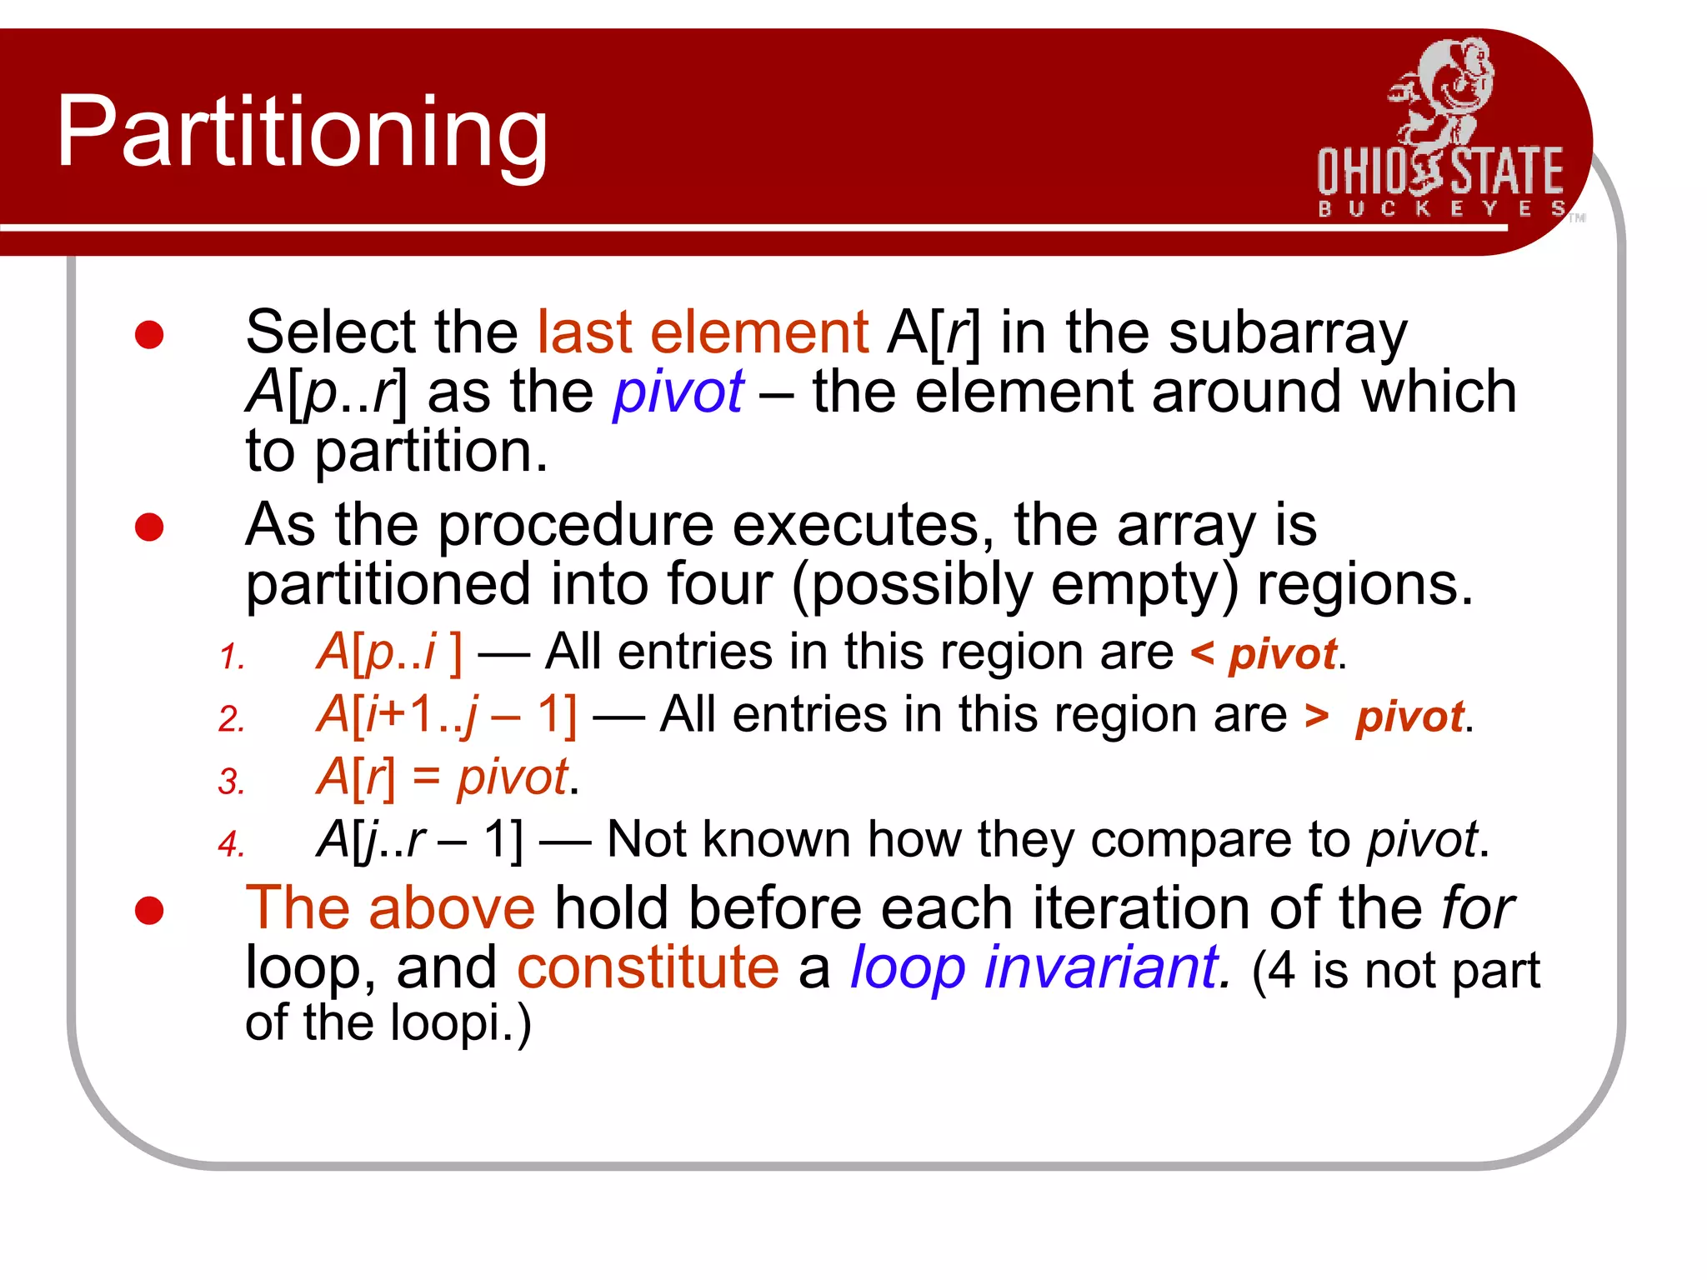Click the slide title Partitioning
pos(302,132)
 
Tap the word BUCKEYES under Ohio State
pos(1441,208)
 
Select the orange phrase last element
pos(703,332)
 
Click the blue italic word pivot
pos(678,392)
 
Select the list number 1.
pos(231,657)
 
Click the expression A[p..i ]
pos(388,652)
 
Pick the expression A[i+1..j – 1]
pos(447,715)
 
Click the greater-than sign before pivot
pos(1316,716)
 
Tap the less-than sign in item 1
pos(1201,652)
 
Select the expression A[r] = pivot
pos(446,777)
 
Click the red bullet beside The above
pos(149,910)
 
